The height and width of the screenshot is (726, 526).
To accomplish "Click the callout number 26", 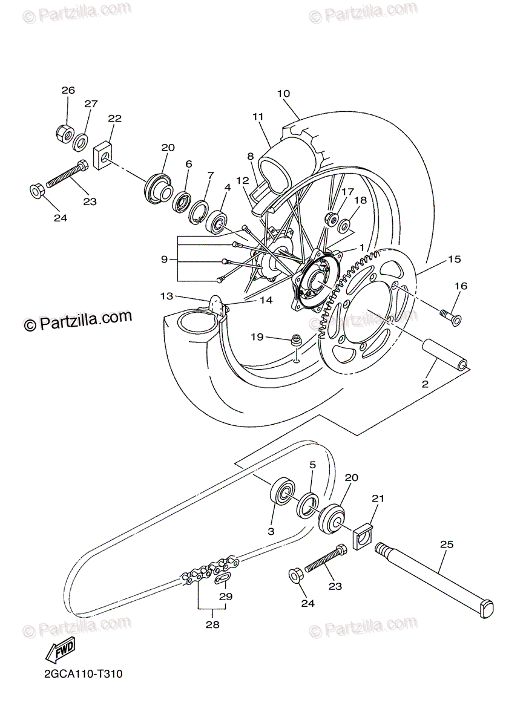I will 68,91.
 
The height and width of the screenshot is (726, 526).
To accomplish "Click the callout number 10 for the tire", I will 283,94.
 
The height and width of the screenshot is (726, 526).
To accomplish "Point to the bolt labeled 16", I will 449,316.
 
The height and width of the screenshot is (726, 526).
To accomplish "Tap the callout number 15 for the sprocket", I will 455,260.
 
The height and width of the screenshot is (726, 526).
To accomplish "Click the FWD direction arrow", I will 59,652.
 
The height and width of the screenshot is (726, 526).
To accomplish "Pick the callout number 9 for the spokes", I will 164,259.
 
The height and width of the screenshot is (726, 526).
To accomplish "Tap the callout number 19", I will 257,337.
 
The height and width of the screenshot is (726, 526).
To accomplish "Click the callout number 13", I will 167,296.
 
